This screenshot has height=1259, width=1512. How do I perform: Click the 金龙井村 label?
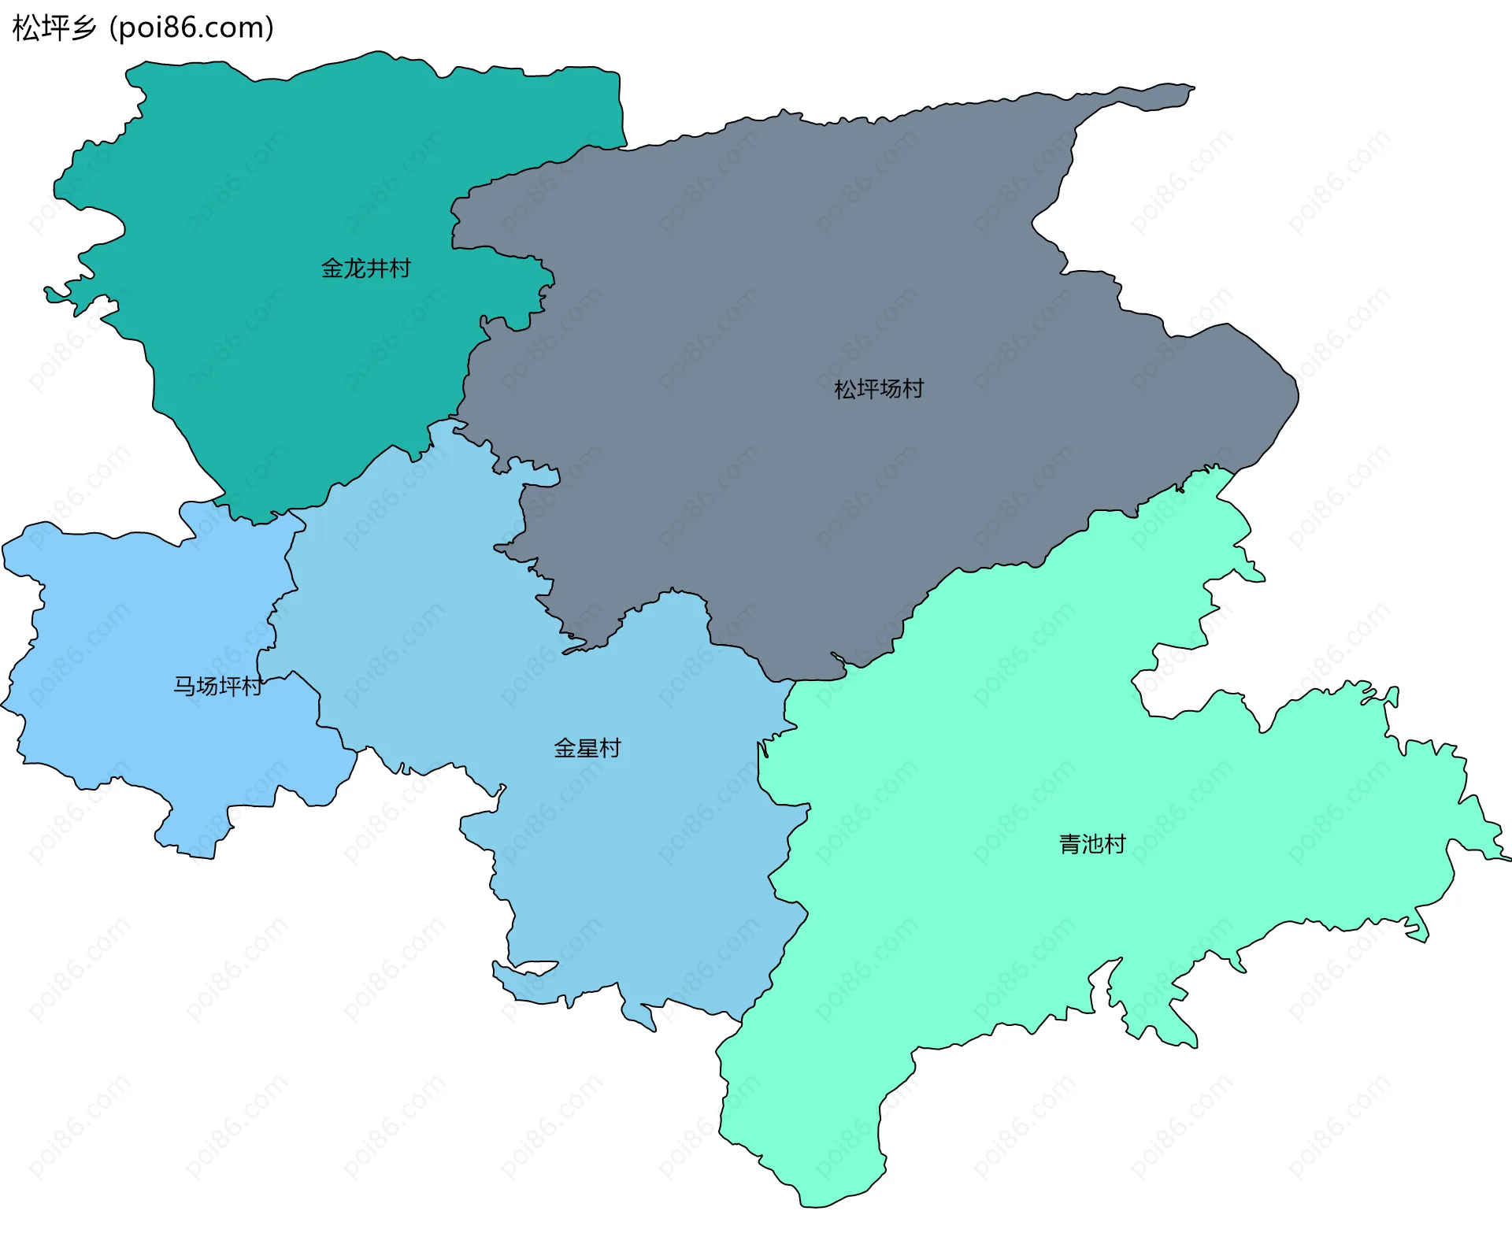pos(365,268)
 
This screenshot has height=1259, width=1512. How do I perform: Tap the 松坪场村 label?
pos(878,389)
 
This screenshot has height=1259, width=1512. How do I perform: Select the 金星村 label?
pos(587,748)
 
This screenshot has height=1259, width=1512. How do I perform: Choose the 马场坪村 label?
pos(217,687)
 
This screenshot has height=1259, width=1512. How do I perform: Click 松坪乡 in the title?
pos(54,28)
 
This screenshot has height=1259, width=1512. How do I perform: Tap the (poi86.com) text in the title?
pos(191,28)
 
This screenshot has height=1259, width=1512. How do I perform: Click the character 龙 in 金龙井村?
pos(354,268)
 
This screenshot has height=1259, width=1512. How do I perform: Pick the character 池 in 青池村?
pos(1092,844)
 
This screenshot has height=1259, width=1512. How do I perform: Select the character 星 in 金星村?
pos(587,748)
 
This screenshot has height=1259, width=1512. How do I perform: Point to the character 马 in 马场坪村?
pos(184,687)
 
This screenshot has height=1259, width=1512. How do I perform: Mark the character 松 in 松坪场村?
pos(845,389)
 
